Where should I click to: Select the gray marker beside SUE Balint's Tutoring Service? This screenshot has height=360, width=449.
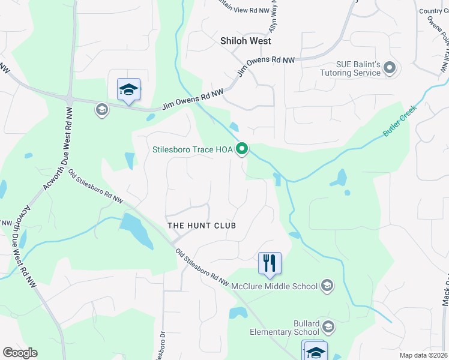(390, 68)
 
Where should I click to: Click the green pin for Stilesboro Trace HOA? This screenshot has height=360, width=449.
(243, 148)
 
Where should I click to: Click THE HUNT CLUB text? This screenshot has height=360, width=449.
(202, 226)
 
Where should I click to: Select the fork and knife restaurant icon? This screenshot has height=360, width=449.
(270, 263)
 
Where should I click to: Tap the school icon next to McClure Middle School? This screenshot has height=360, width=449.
(327, 285)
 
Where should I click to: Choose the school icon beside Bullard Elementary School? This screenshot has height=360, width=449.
(328, 327)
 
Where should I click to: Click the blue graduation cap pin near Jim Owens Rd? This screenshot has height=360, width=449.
(128, 90)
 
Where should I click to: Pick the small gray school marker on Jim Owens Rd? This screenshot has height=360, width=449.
(101, 110)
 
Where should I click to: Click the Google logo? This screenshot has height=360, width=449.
(20, 353)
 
